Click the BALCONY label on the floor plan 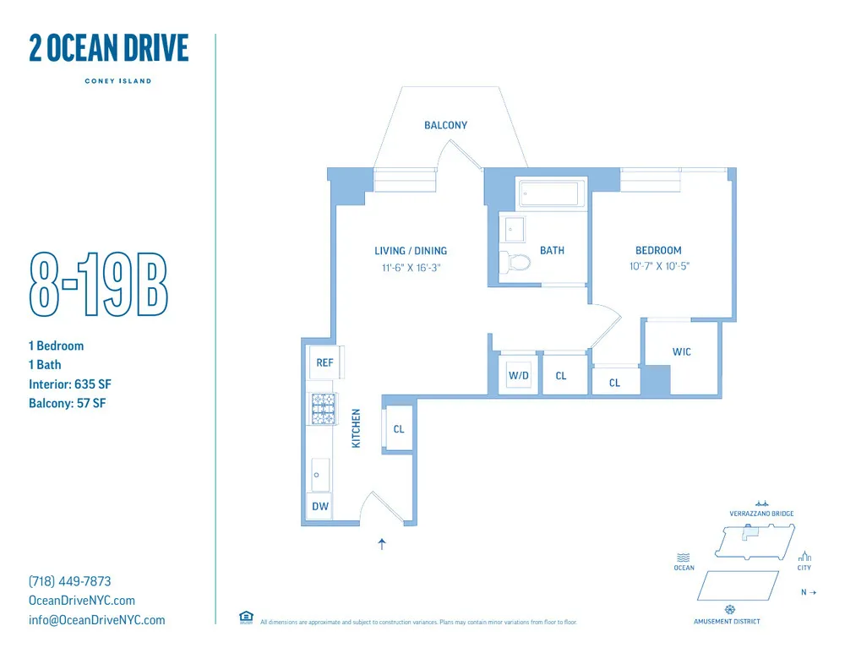point(445,125)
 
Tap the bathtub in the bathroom point(549,194)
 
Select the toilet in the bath point(515,261)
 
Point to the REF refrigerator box point(324,362)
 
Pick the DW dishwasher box point(319,507)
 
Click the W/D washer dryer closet point(519,375)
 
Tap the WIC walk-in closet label point(682,351)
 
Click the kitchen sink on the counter point(319,475)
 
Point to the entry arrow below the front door point(382,544)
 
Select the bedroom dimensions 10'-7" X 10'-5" point(658,266)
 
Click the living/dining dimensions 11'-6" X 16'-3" point(411,267)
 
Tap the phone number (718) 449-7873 point(70,581)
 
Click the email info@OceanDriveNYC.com point(97,620)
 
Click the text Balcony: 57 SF point(68,403)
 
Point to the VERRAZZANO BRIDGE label point(761,514)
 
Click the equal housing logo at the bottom point(246,617)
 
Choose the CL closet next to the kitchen point(399,429)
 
